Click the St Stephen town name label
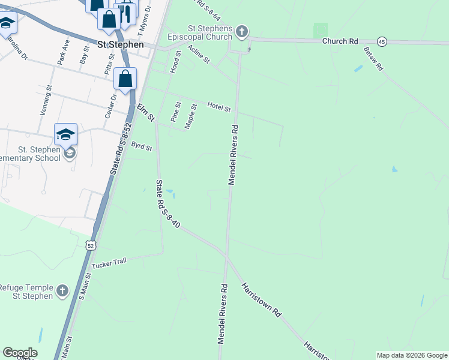121,44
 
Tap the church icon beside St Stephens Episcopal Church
241,31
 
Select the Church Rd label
340,41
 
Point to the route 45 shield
382,41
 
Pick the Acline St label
198,55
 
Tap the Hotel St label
218,107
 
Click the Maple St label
191,116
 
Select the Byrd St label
142,146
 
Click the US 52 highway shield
90,245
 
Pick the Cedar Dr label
113,106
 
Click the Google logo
20,353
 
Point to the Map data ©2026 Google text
412,355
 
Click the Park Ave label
62,52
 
